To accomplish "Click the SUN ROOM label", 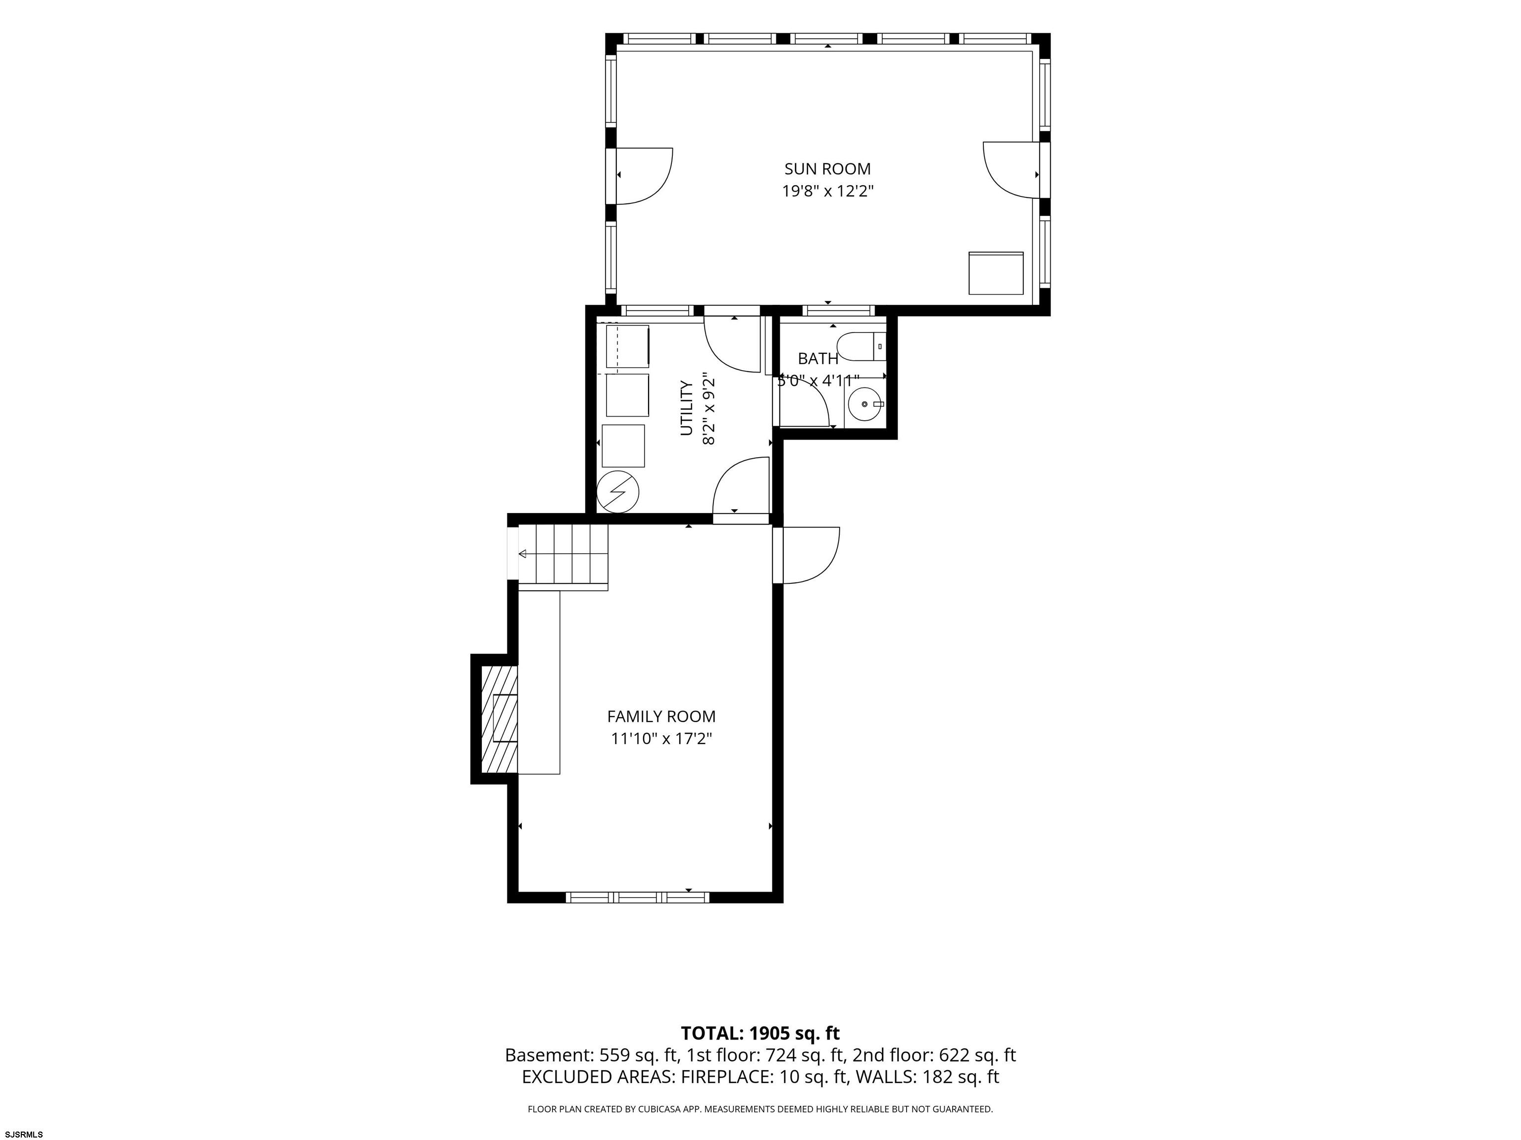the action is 827,169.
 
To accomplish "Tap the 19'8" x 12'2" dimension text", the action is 827,191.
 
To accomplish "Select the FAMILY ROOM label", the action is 661,717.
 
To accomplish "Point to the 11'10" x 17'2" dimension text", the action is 661,739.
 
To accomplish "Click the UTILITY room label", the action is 686,408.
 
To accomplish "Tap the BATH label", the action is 818,358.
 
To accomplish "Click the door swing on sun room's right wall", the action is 1011,170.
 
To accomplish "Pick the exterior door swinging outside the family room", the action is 811,555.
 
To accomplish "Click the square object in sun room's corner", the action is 996,273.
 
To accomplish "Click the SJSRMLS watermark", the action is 24,1134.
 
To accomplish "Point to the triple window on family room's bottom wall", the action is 637,897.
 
